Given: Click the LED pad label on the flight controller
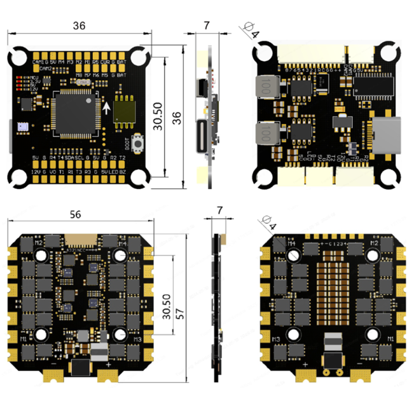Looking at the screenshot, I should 113,172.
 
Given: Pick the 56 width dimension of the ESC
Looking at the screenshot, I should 75,216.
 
